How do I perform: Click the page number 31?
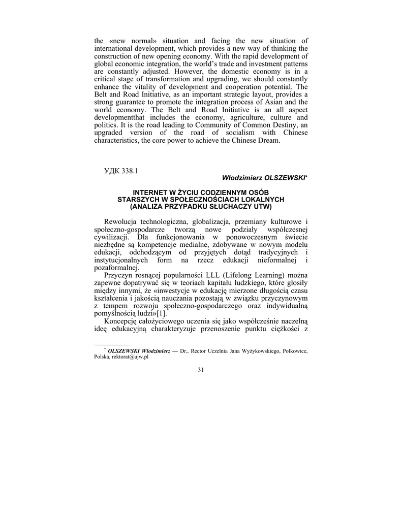(200, 384)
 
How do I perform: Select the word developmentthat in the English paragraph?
(122, 117)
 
